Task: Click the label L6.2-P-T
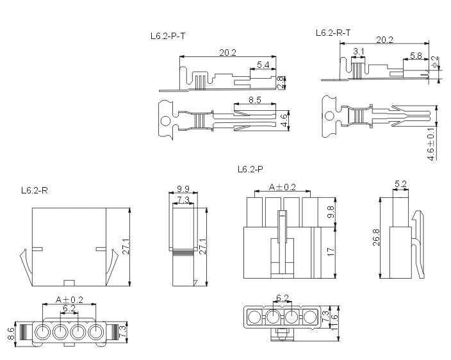[168, 37]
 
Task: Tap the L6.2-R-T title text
[333, 33]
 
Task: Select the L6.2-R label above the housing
[34, 190]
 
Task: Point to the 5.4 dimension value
[263, 65]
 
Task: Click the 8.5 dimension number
[255, 100]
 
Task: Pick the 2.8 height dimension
[281, 83]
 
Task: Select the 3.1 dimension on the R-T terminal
[358, 51]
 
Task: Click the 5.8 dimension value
[416, 56]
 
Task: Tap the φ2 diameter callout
[436, 61]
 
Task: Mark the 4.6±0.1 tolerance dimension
[431, 143]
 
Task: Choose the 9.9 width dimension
[183, 189]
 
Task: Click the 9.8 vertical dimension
[331, 212]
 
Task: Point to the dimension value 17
[331, 252]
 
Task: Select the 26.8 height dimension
[376, 238]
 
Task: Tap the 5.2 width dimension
[400, 184]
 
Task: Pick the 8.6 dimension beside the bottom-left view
[11, 334]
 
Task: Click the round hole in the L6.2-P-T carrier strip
[166, 121]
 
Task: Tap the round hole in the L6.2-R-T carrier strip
[329, 117]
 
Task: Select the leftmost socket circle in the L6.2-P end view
[254, 318]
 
